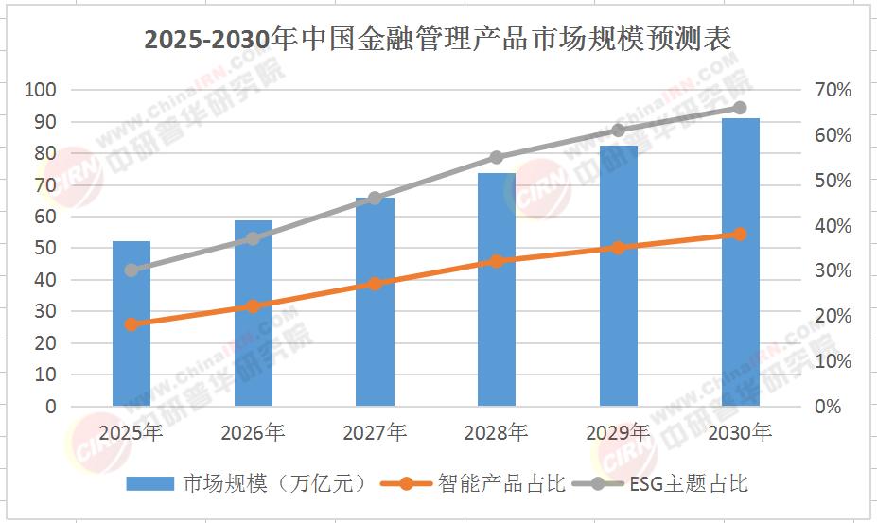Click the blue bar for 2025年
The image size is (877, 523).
[132, 323]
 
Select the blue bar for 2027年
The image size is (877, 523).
[375, 302]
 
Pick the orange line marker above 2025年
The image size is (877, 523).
[132, 324]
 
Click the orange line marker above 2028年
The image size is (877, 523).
[497, 261]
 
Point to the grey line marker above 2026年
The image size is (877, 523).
[253, 238]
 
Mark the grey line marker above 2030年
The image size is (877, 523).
[740, 108]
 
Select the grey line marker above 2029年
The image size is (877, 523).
[618, 131]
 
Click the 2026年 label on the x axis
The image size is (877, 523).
[253, 433]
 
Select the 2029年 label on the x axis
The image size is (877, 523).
[618, 433]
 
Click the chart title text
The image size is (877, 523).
[438, 41]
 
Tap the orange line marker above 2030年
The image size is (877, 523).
[740, 235]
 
